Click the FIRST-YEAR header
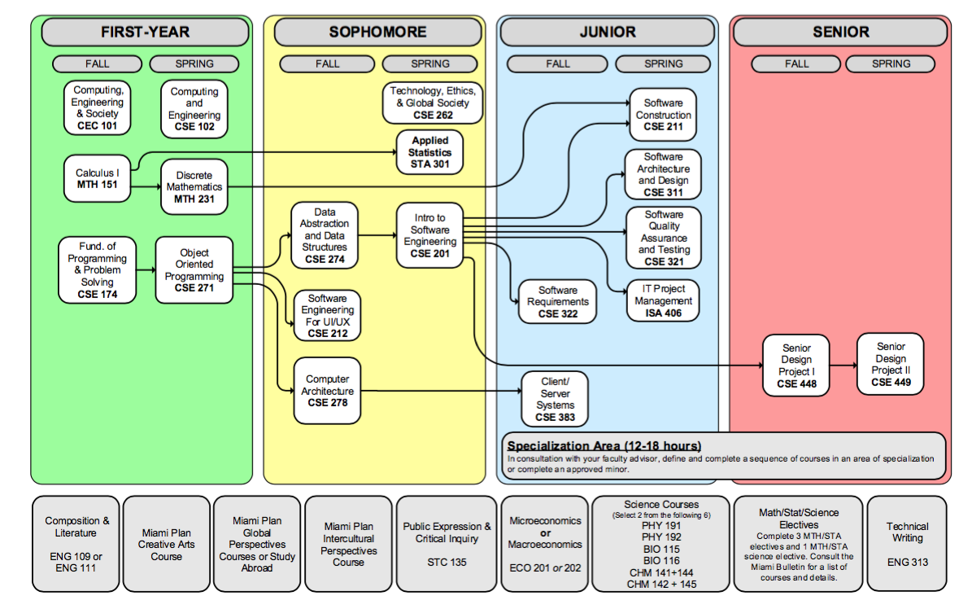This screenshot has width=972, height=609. (x=145, y=32)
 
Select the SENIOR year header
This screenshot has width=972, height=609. (x=840, y=32)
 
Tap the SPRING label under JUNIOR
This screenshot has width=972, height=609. (x=663, y=64)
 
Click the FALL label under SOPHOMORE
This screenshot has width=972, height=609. (x=327, y=64)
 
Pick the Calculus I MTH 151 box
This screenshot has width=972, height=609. (x=97, y=179)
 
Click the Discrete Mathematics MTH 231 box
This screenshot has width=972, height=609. (x=194, y=187)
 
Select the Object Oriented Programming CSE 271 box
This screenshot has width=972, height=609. (x=194, y=270)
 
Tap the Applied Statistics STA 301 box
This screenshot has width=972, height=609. (x=429, y=152)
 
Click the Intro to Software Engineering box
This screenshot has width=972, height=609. (x=429, y=235)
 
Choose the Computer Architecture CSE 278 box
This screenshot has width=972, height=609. (x=327, y=391)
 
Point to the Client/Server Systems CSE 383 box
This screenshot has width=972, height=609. (x=555, y=399)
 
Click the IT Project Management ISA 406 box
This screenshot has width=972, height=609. (x=662, y=300)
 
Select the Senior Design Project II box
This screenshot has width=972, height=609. (x=891, y=364)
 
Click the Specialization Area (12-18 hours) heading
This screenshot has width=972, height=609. (x=604, y=446)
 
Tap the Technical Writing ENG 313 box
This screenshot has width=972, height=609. (x=907, y=544)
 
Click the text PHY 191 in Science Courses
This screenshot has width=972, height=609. (x=660, y=526)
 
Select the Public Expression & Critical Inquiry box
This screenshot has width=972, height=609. (x=447, y=544)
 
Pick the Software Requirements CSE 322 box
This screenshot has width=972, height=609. (x=557, y=302)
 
